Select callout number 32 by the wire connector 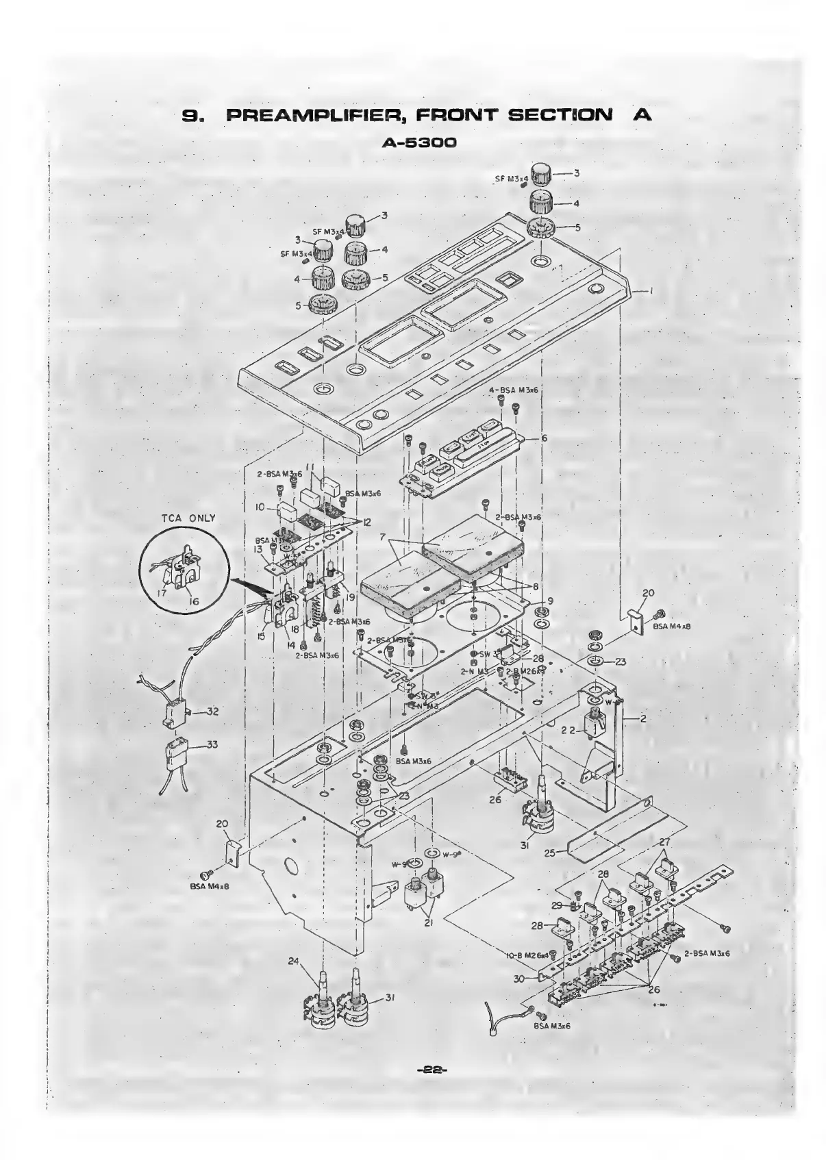pyautogui.click(x=212, y=711)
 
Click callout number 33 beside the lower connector pyautogui.click(x=212, y=745)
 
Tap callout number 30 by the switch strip pyautogui.click(x=519, y=979)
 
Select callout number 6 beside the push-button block pyautogui.click(x=544, y=438)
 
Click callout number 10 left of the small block pyautogui.click(x=260, y=507)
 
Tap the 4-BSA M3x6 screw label pyautogui.click(x=513, y=390)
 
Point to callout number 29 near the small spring pyautogui.click(x=558, y=905)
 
